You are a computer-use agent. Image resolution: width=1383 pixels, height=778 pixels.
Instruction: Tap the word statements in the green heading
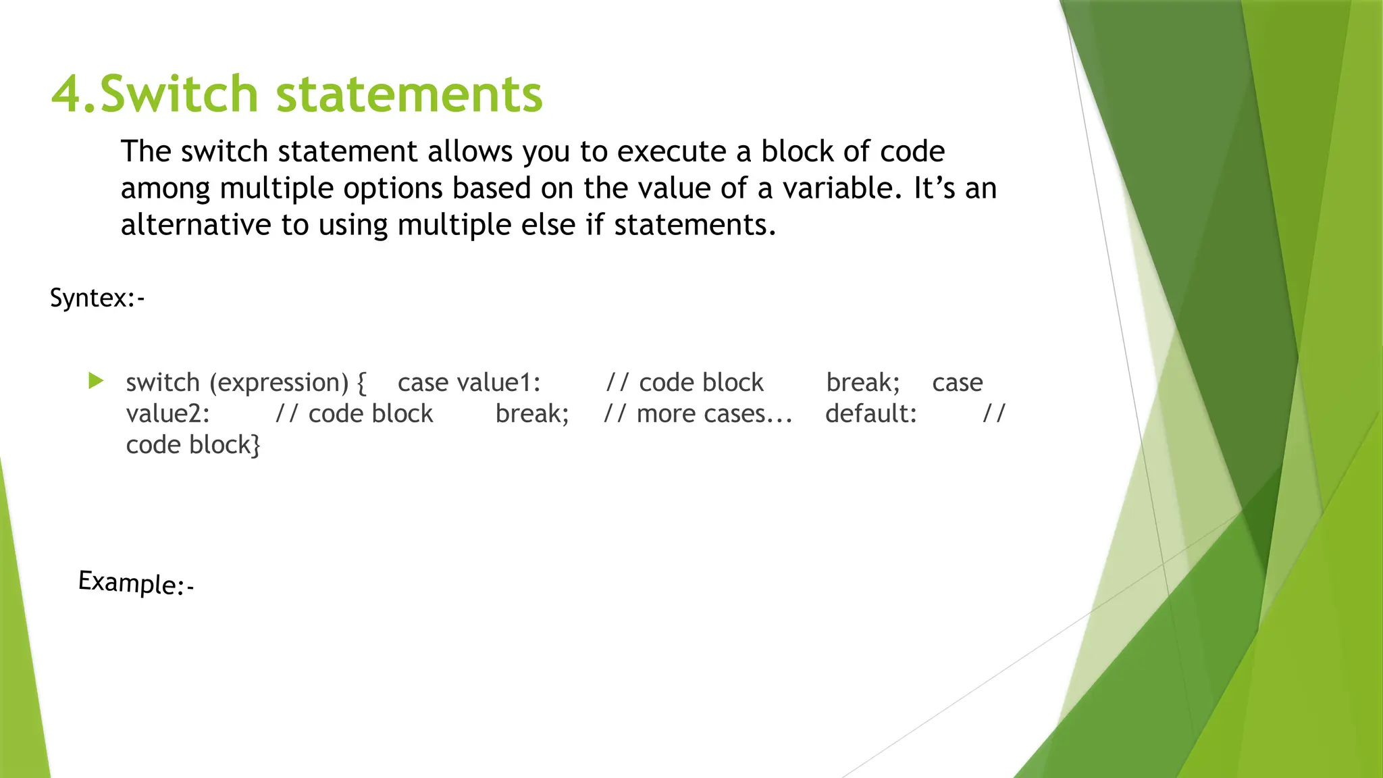point(409,94)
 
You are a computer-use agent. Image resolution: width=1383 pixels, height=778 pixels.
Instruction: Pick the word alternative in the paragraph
point(196,224)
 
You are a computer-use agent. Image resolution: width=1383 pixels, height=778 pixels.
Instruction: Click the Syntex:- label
point(97,298)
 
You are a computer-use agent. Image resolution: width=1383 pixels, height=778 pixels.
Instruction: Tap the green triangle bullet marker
point(96,381)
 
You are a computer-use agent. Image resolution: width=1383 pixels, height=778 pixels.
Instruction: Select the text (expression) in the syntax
point(279,383)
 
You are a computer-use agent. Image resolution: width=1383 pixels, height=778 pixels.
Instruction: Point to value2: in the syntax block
point(167,414)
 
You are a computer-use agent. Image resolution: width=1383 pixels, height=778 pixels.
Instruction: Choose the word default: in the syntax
point(871,414)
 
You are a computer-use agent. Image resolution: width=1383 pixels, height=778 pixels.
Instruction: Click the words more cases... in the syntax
point(714,414)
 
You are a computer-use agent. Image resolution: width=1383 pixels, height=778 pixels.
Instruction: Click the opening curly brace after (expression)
point(362,383)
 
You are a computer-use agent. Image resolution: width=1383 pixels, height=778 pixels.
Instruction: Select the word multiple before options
point(277,188)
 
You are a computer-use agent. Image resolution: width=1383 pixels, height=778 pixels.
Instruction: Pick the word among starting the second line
point(165,188)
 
